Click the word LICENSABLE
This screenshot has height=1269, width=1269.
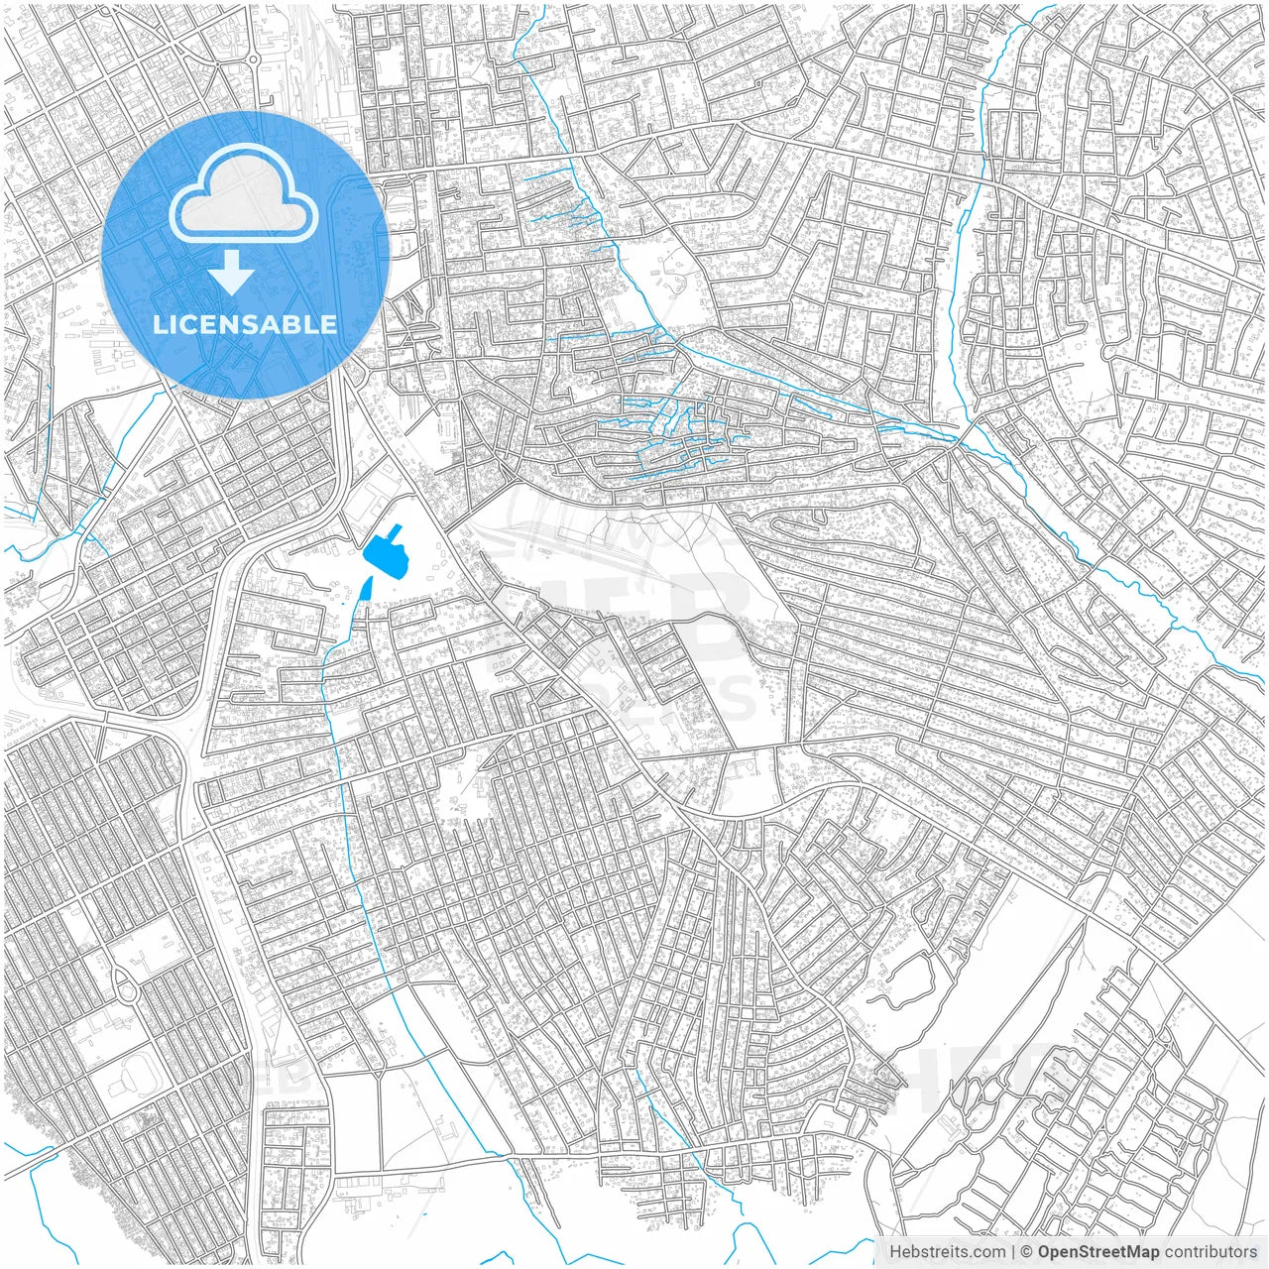point(245,324)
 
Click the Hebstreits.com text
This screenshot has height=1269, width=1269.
point(947,1252)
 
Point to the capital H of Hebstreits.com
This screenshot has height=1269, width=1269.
point(895,1252)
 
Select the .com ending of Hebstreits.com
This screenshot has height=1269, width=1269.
point(986,1252)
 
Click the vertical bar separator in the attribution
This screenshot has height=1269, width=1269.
point(1013,1252)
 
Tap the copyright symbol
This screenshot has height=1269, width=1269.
point(1028,1252)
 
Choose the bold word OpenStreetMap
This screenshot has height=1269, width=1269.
point(1098,1252)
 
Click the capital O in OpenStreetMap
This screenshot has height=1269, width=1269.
point(1045,1252)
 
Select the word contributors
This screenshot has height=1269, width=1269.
point(1211,1252)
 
